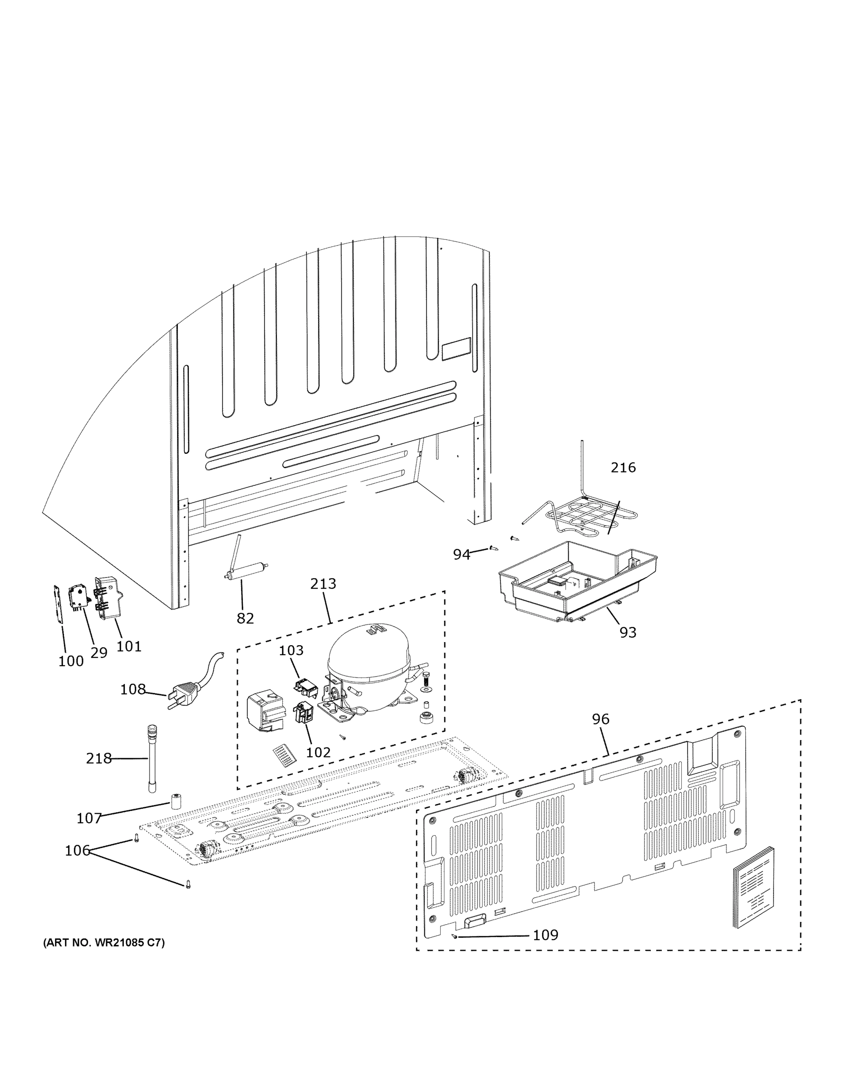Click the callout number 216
(623, 467)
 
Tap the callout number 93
(627, 632)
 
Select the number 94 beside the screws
(462, 554)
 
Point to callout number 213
(323, 584)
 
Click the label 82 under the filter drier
(245, 618)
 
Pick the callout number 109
(545, 935)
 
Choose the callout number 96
(601, 719)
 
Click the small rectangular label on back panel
(456, 348)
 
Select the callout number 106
(77, 851)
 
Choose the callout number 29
(99, 652)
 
